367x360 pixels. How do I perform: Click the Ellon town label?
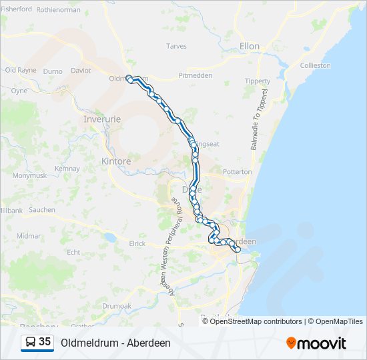click(x=250, y=47)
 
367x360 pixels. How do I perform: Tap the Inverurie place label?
click(x=100, y=119)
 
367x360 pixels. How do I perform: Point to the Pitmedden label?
click(x=196, y=75)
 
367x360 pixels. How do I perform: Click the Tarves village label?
click(x=176, y=47)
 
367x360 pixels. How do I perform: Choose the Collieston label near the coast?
click(x=315, y=66)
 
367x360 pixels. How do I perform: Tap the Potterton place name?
click(x=237, y=171)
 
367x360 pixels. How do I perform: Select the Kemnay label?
click(x=67, y=169)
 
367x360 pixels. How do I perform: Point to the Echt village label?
click(x=73, y=252)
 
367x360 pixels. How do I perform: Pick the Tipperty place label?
click(x=258, y=81)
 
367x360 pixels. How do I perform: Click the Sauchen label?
click(x=42, y=209)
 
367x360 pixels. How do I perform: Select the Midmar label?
click(x=29, y=236)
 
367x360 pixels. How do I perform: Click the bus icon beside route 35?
click(x=31, y=343)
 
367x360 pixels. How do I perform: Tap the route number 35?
click(x=45, y=342)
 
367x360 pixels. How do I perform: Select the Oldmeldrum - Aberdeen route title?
click(x=115, y=343)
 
